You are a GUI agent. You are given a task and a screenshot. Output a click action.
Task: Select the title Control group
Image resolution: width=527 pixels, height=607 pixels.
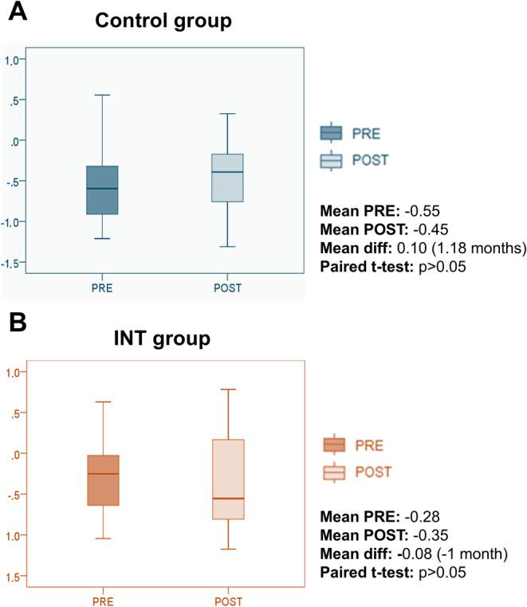pos(163,21)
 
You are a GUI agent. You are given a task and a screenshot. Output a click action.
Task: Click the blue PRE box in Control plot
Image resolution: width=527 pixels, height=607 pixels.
pos(102,190)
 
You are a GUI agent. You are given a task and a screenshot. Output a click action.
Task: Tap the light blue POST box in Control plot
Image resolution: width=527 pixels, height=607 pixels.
pos(226,178)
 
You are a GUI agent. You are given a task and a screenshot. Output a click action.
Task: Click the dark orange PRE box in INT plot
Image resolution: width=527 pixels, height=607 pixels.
pos(103,480)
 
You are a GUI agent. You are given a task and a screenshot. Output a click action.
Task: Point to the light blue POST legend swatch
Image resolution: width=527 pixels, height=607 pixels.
pos(330,160)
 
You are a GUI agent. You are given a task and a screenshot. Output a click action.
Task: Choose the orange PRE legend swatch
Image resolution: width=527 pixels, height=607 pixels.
pos(334,444)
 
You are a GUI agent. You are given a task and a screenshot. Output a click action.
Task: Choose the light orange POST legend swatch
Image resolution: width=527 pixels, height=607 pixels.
pos(334,472)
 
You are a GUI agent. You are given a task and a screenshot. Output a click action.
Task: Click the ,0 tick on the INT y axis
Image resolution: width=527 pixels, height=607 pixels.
pos(15,453)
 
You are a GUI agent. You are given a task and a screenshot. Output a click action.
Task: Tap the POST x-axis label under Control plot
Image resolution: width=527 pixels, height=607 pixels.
pos(227,288)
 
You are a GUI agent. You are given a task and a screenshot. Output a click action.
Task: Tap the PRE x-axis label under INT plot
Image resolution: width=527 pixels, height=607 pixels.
pos(103,601)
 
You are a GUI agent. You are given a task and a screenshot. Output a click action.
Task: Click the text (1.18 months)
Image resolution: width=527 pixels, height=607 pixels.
pos(483,248)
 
